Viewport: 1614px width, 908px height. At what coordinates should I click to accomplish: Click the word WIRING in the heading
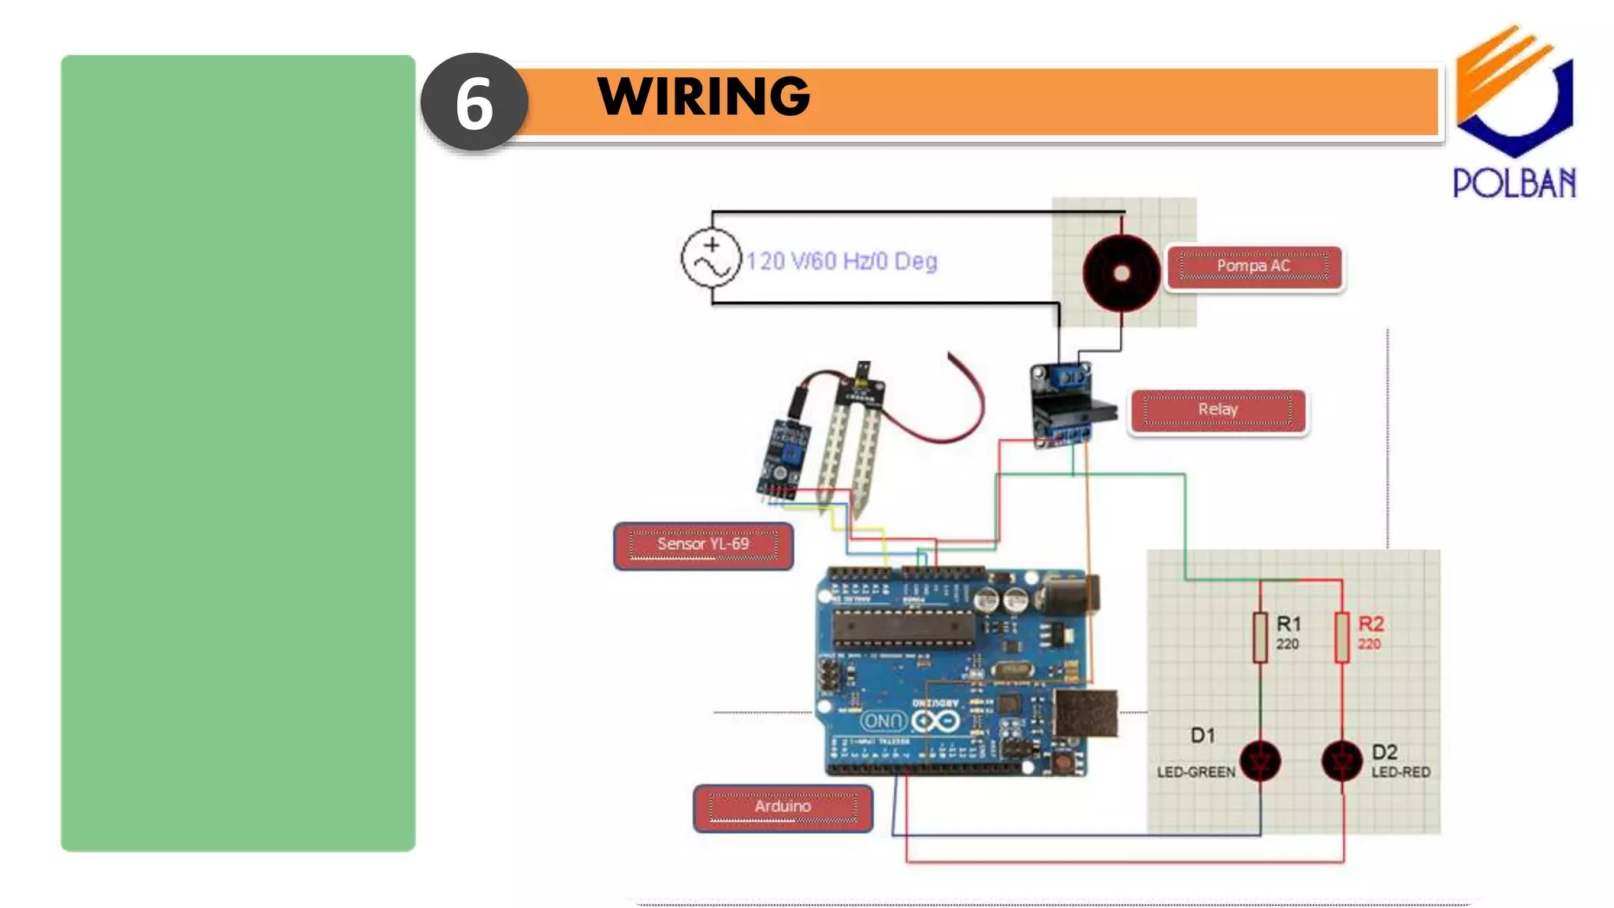click(704, 97)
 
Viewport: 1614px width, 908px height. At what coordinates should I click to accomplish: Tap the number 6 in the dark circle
click(474, 104)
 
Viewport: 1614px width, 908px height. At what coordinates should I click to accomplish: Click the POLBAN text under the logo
click(1514, 183)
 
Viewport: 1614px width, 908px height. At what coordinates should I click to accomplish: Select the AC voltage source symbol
click(712, 259)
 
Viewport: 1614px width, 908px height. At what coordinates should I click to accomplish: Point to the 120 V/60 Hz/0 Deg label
click(842, 261)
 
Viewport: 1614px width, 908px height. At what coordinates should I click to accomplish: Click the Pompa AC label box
click(1253, 266)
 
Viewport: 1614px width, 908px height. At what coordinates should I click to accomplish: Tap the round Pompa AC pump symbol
click(1121, 273)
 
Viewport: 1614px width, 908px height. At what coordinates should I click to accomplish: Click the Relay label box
click(1218, 410)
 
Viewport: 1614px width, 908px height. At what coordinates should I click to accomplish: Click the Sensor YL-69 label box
click(703, 545)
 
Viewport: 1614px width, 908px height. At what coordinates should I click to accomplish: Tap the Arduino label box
click(783, 807)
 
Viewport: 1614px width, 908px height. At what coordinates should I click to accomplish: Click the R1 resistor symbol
click(1260, 637)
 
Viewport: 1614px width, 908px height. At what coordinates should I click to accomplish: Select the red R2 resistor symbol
click(1342, 637)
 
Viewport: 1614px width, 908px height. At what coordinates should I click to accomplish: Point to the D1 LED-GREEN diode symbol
click(1260, 761)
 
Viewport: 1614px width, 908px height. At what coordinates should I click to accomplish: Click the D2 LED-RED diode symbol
click(1341, 761)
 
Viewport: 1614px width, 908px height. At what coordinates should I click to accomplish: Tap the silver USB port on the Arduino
click(1086, 713)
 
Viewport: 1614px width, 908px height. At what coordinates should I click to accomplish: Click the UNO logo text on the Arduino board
click(883, 720)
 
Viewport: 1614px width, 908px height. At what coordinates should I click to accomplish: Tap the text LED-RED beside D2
click(1400, 772)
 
